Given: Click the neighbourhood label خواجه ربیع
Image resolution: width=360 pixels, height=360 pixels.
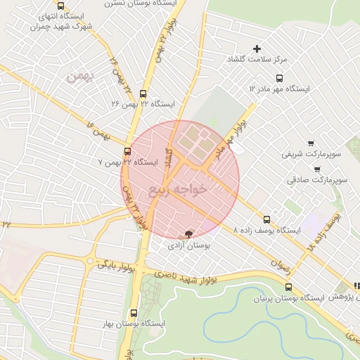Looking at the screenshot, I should pyautogui.click(x=179, y=189).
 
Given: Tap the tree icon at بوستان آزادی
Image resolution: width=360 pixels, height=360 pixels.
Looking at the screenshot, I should pyautogui.click(x=188, y=233).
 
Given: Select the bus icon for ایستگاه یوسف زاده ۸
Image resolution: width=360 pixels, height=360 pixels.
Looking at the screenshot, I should pyautogui.click(x=266, y=219).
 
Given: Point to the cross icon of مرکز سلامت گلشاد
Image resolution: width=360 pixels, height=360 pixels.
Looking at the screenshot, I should pyautogui.click(x=257, y=49).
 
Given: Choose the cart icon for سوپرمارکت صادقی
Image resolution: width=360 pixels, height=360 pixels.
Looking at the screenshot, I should pyautogui.click(x=317, y=169).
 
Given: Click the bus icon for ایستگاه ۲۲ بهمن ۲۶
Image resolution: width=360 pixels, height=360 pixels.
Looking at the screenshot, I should pyautogui.click(x=143, y=93).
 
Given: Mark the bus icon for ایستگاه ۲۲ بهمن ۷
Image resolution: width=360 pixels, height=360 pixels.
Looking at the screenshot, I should pyautogui.click(x=127, y=150).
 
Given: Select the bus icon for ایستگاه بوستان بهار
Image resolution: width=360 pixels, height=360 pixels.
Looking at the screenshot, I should pyautogui.click(x=134, y=313).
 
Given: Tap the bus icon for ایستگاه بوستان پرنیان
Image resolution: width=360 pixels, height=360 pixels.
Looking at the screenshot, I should pyautogui.click(x=288, y=286).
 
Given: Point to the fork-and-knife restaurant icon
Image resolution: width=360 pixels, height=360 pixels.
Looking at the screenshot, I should pyautogui.click(x=356, y=286).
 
